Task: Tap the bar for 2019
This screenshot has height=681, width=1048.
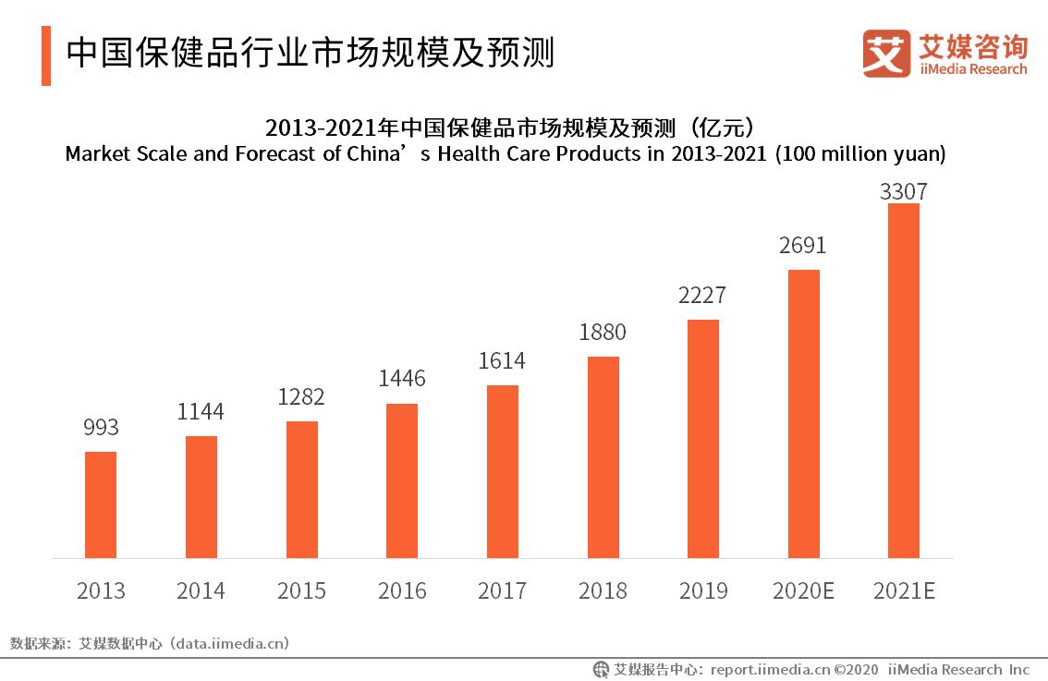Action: (x=703, y=439)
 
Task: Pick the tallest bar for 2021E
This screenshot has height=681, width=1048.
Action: (x=904, y=381)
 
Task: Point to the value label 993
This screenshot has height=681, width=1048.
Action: (x=101, y=427)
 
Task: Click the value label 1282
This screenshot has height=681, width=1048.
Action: (x=301, y=396)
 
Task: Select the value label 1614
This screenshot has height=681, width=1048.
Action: (x=502, y=360)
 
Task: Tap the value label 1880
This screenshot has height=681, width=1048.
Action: (x=603, y=332)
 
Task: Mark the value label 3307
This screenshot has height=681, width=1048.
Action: (x=904, y=192)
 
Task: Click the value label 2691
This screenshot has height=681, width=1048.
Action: (x=803, y=246)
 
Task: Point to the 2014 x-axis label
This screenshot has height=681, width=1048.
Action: (x=201, y=590)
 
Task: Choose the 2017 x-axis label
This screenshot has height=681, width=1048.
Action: (x=502, y=590)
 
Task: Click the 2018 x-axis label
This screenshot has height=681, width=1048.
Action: (x=603, y=590)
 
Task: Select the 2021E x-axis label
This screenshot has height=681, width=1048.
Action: (x=904, y=590)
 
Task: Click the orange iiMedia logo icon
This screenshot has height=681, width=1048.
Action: (x=886, y=53)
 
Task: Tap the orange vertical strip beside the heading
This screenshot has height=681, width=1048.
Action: (x=46, y=55)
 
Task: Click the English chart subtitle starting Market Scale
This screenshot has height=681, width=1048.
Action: (x=506, y=154)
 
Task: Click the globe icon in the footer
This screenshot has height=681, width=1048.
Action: (x=601, y=669)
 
